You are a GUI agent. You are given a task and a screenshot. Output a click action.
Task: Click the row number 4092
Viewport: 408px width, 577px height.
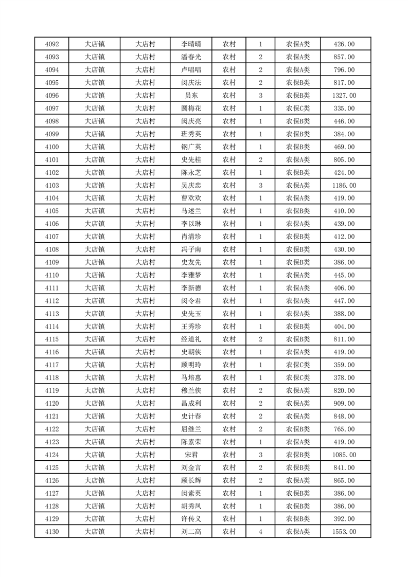pyautogui.click(x=52, y=44)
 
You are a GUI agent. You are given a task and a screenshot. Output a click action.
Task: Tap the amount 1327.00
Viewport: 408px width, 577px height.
pyautogui.click(x=344, y=96)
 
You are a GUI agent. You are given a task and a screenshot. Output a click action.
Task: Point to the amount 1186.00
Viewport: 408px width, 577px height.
pyautogui.click(x=344, y=186)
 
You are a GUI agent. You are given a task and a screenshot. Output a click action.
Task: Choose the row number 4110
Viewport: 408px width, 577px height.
pyautogui.click(x=52, y=275)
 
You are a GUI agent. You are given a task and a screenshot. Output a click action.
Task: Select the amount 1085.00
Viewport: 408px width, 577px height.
pyautogui.click(x=344, y=455)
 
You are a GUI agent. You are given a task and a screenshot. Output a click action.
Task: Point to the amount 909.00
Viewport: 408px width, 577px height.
pyautogui.click(x=344, y=404)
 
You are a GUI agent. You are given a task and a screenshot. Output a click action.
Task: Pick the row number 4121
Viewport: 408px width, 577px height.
pyautogui.click(x=52, y=417)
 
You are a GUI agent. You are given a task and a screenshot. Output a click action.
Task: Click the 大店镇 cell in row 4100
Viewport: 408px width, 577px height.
pyautogui.click(x=95, y=147)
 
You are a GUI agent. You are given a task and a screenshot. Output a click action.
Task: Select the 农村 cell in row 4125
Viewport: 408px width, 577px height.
pyautogui.click(x=229, y=468)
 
